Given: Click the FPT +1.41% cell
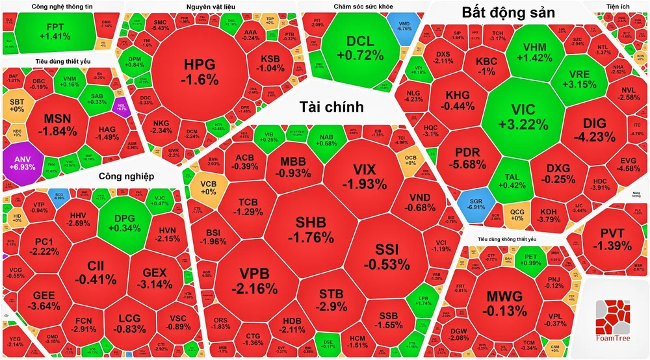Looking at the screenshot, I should (x=55, y=31).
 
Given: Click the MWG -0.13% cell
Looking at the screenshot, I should (x=504, y=301).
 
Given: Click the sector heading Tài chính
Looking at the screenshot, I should (x=331, y=107).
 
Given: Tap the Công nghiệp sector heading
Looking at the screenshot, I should (x=126, y=176).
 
